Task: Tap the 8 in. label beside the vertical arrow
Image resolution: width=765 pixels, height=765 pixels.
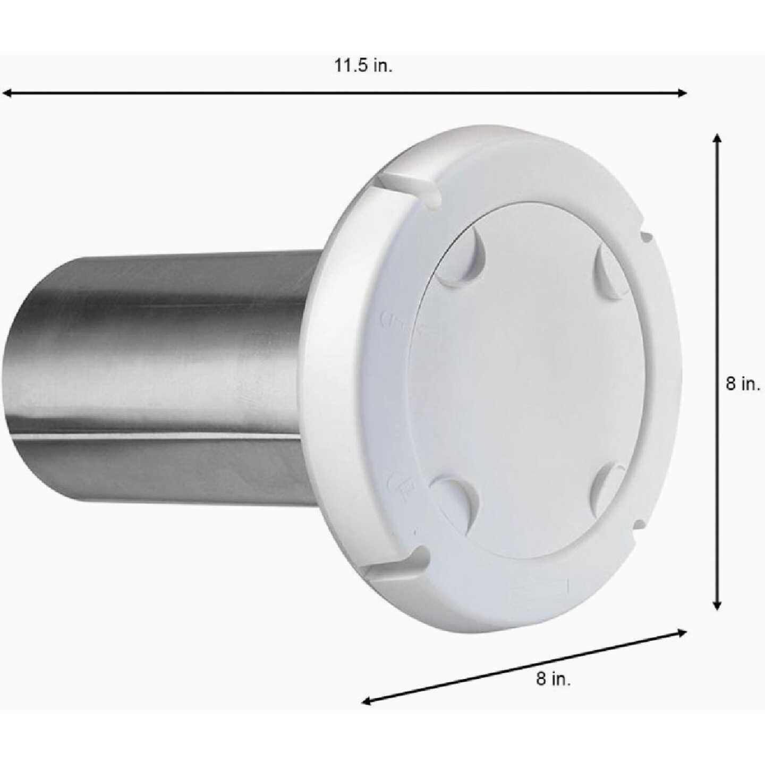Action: [743, 384]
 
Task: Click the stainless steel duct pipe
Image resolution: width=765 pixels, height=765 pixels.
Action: [159, 372]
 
